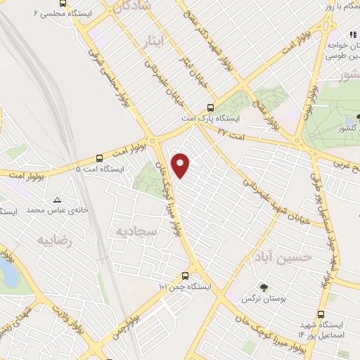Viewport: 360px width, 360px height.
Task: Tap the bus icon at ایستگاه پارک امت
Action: point(210,108)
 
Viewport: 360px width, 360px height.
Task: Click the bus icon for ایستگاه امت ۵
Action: point(99,158)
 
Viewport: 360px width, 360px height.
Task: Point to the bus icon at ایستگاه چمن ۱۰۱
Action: point(185,276)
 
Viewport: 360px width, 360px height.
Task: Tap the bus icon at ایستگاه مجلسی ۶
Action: point(63,4)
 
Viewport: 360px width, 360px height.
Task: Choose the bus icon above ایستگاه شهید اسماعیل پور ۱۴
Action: point(321,295)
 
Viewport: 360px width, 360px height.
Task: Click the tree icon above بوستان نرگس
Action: point(264,287)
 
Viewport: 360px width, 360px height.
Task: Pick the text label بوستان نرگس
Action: point(263,300)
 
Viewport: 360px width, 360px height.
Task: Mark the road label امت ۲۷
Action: point(231,131)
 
